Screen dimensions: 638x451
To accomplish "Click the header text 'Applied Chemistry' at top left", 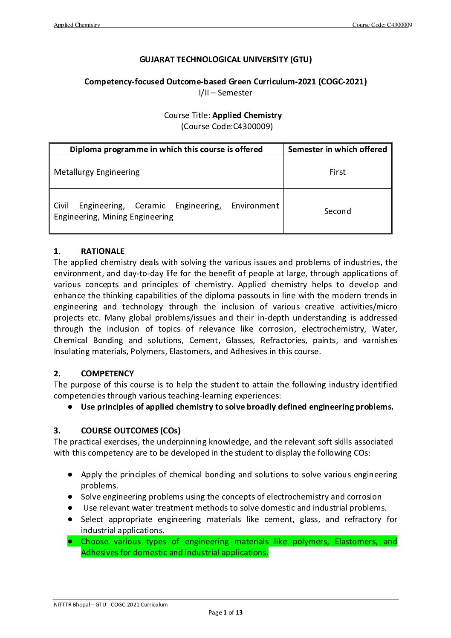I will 77,25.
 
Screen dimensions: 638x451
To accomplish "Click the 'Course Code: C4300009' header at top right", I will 382,25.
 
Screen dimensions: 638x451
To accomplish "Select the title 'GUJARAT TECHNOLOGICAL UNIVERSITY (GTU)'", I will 225,60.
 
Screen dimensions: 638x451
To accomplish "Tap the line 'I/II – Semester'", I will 225,93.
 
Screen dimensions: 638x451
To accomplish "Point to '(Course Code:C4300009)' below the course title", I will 227,127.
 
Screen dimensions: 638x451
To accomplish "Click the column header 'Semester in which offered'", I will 337,150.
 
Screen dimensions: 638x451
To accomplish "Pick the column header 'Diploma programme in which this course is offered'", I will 166,150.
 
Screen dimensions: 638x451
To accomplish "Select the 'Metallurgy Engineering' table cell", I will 97,172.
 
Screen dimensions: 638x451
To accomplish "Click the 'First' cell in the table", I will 337,172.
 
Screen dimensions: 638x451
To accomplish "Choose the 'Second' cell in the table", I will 337,211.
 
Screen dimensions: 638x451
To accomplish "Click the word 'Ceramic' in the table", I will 150,206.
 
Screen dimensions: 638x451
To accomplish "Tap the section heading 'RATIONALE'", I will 103,251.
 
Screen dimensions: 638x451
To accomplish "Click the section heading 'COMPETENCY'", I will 107,374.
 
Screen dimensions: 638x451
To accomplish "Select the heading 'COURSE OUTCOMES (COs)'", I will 130,431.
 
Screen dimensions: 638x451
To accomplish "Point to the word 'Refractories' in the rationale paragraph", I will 283,341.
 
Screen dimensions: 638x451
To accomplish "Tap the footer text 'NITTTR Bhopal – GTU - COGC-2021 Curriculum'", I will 111,605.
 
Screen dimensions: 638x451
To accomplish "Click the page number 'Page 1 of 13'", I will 225,613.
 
